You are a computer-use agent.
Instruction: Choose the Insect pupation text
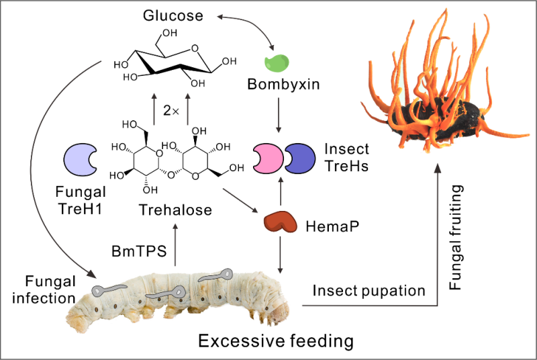point(369,291)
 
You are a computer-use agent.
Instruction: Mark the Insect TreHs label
point(349,156)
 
